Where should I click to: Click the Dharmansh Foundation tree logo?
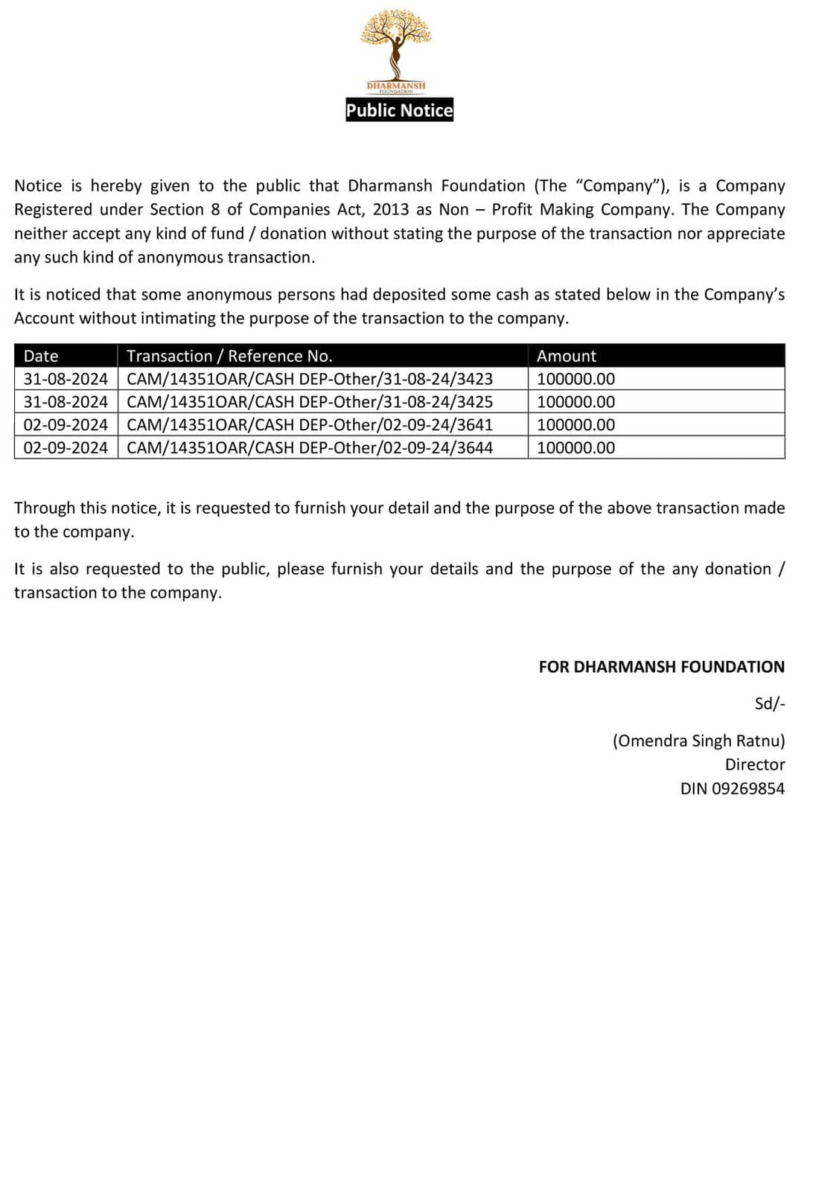point(396,48)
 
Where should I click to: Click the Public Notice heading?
point(399,110)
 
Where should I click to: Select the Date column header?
point(41,356)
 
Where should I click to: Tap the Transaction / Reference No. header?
point(229,356)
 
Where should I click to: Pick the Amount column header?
point(567,356)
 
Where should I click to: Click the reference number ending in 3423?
point(310,379)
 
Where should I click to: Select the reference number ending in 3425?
point(310,402)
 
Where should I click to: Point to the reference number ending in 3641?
point(310,425)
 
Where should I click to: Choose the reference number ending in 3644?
point(310,448)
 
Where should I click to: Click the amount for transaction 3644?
point(576,448)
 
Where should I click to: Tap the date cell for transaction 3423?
point(66,379)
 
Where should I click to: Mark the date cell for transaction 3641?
point(66,425)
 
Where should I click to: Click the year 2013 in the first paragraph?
point(391,209)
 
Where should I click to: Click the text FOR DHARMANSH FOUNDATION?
point(661,667)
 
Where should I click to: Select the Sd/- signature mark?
point(770,703)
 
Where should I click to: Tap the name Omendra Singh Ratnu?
point(698,741)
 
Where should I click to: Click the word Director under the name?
point(755,764)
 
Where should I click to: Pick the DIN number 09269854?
point(748,788)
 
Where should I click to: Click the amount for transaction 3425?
point(576,402)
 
